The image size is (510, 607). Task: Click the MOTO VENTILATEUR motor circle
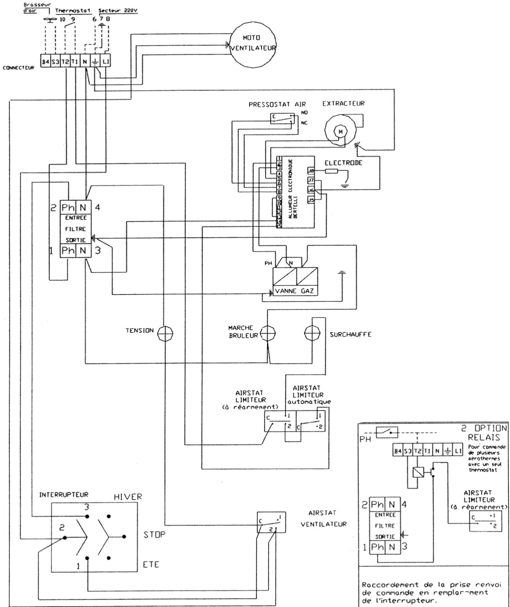pos(253,43)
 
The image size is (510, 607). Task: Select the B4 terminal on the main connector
pos(45,62)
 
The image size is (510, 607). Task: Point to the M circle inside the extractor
pos(340,132)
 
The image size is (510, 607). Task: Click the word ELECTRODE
pos(343,163)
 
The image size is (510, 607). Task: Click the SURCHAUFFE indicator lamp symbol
pos(312,332)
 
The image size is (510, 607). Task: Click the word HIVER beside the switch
pos(128,497)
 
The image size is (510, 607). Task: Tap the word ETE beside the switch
pos(151,565)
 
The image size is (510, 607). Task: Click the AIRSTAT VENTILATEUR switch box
pos(271,522)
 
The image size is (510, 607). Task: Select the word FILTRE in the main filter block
pos(75,229)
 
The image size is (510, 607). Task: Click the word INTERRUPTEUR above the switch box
pos(63,495)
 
